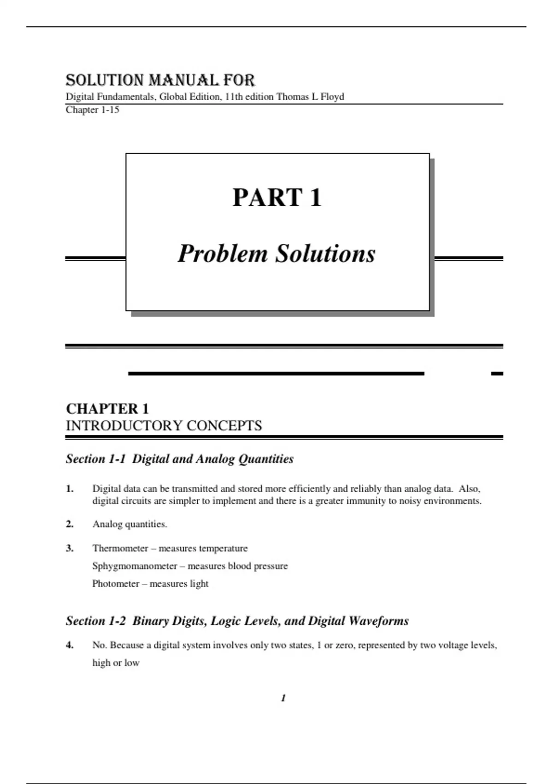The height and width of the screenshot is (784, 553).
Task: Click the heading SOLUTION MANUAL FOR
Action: coord(160,80)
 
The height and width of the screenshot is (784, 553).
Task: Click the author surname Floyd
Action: coord(332,97)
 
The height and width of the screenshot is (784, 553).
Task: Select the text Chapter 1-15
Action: coord(93,110)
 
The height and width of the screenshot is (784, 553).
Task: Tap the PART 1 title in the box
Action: coord(277,197)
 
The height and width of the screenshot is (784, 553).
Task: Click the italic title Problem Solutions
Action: coord(277,254)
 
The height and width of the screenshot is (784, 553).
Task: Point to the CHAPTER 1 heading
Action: coord(107,409)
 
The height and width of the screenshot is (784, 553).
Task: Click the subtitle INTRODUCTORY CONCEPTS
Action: coord(164,425)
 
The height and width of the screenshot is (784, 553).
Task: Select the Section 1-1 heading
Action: coord(180,459)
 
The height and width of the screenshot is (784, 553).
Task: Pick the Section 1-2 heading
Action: coord(237,621)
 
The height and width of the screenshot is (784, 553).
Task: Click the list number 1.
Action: coord(70,489)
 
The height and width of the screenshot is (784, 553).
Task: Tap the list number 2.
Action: coord(70,524)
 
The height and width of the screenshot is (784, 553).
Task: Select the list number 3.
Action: coord(70,548)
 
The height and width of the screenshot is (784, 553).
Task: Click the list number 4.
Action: coord(70,645)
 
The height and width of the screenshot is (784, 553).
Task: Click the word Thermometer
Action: coord(120,548)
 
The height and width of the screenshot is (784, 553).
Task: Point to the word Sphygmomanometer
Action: coord(135,566)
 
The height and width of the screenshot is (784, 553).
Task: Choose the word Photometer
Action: coord(116,584)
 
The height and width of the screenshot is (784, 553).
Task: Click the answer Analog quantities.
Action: coord(130,524)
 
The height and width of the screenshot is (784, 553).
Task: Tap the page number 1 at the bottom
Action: coord(283,698)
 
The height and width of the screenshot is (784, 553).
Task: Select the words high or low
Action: coord(116,663)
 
